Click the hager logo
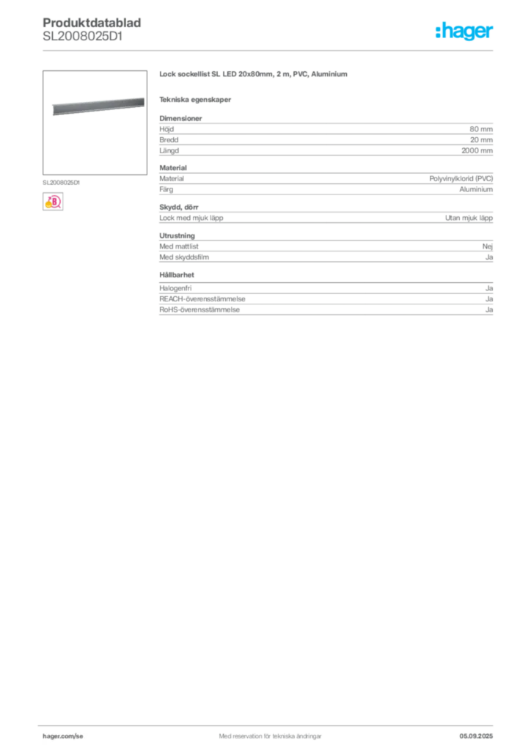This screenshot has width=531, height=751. coord(464,31)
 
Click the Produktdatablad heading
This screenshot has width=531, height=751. coord(92,23)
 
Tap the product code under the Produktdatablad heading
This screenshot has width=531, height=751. coord(82,37)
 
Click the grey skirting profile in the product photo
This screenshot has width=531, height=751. coord(98,106)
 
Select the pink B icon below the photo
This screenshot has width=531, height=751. coord(53,202)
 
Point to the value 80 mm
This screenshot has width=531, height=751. coord(480,129)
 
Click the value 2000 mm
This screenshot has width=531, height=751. coord(477,150)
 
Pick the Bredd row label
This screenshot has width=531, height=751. coord(169,140)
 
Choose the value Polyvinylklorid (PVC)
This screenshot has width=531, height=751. coord(461,179)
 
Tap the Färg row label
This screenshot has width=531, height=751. coord(166,189)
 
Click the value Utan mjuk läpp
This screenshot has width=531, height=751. coord(469,218)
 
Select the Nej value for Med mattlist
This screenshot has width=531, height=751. coord(488,246)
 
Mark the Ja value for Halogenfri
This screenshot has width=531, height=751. coord(489,288)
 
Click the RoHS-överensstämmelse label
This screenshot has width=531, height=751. coord(199,310)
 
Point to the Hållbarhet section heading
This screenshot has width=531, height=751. coord(177,275)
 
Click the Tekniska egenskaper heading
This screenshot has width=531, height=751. coord(195,100)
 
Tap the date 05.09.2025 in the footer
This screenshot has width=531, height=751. coord(476,736)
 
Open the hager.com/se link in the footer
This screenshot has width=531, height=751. coord(63,736)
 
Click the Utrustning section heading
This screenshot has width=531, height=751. coord(177,235)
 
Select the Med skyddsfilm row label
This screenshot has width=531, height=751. coord(184,257)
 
